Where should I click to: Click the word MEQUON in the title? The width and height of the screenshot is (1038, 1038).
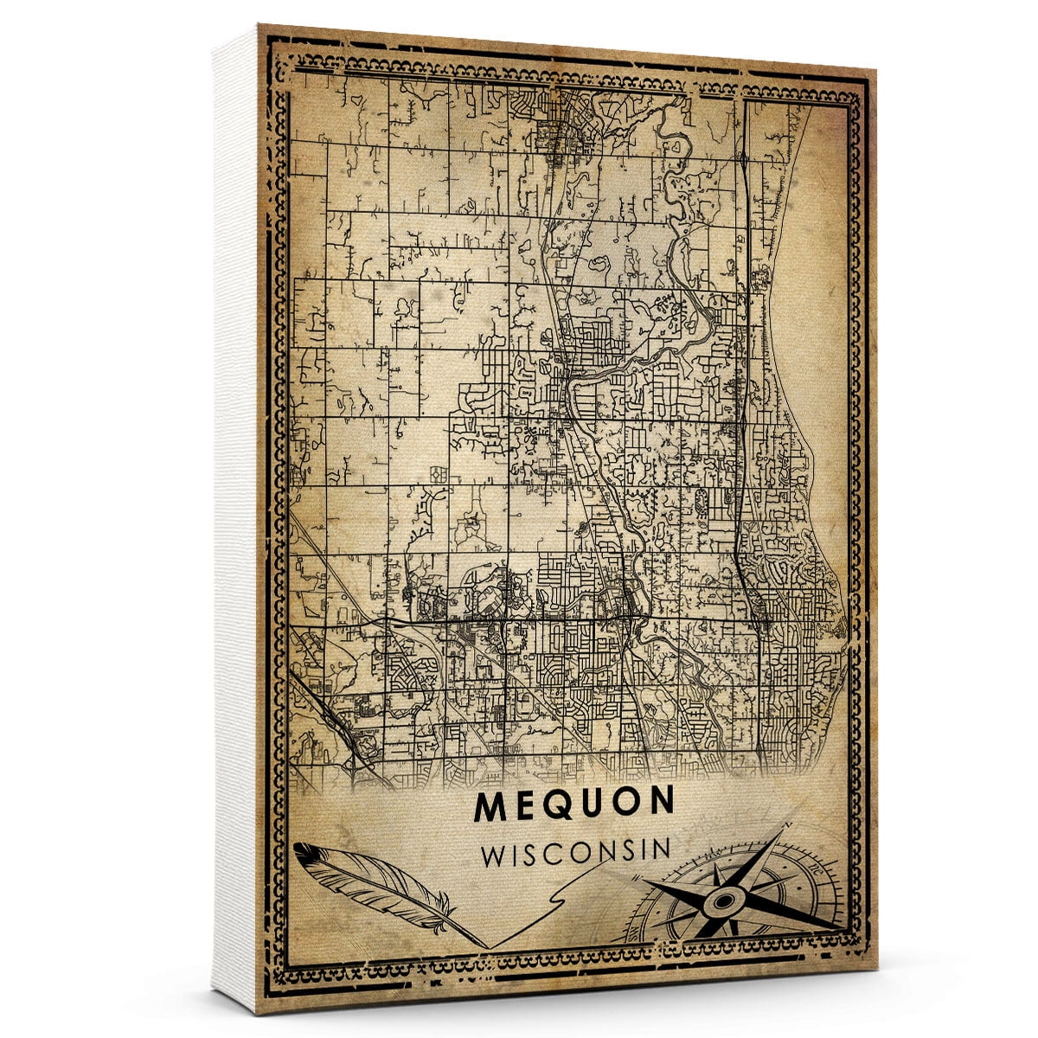(573, 804)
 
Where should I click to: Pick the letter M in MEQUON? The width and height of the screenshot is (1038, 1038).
(490, 804)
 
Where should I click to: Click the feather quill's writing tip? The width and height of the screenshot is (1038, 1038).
(486, 945)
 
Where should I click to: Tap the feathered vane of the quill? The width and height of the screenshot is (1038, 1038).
(355, 874)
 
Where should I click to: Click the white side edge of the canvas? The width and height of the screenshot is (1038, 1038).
(234, 519)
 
